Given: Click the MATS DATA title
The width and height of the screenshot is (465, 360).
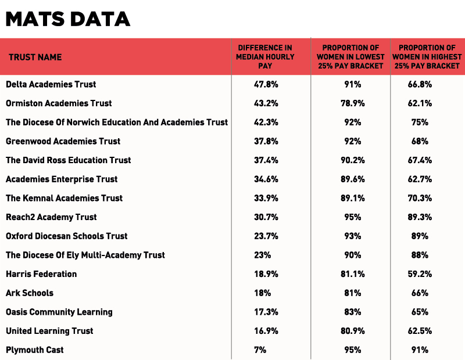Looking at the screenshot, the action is tap(68, 19).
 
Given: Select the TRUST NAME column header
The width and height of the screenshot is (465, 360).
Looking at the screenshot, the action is tap(35, 57).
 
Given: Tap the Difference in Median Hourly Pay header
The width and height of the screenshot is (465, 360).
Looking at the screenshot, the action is tap(265, 57).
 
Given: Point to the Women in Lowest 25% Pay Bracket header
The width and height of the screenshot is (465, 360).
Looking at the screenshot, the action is tap(350, 57).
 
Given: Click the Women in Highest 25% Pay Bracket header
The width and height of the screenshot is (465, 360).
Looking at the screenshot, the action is tap(427, 57).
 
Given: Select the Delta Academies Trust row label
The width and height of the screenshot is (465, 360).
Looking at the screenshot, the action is tap(51, 84).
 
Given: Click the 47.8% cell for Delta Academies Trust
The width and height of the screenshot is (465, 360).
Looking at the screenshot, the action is tap(266, 84).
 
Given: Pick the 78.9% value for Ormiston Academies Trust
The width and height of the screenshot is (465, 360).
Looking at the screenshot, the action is tap(353, 103).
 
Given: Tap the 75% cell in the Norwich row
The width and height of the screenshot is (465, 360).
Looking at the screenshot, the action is tap(420, 123).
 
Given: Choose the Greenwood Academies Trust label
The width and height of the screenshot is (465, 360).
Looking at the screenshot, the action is tap(63, 141).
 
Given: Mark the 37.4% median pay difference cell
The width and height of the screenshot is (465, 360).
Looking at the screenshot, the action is tap(266, 160).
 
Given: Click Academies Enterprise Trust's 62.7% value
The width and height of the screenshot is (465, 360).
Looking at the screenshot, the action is tap(420, 179).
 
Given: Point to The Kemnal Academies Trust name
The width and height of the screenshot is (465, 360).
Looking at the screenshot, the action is tap(65, 198).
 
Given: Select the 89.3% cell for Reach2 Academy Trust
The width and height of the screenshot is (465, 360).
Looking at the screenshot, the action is tap(420, 217).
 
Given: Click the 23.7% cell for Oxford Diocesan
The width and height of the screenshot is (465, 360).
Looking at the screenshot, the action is tap(266, 236).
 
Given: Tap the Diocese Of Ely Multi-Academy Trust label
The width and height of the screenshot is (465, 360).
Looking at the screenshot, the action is tap(85, 255).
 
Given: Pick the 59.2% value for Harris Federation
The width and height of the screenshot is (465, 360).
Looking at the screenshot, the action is tap(420, 274).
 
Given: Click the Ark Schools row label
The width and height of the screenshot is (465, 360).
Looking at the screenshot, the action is tap(30, 293).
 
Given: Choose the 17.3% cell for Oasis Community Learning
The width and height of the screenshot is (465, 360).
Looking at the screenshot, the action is tap(266, 312).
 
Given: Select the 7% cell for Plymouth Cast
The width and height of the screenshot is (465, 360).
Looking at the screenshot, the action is tap(260, 350).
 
